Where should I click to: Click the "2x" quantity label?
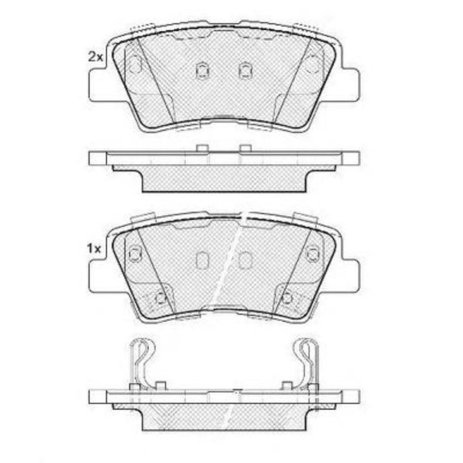click(95, 56)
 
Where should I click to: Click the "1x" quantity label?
click(94, 249)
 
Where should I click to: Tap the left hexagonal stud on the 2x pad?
click(202, 71)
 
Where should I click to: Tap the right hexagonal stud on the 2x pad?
click(245, 71)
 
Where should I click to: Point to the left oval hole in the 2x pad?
click(135, 64)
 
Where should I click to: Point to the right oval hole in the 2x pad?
click(312, 64)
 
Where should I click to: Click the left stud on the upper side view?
click(202, 148)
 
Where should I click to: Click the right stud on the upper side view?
click(245, 148)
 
